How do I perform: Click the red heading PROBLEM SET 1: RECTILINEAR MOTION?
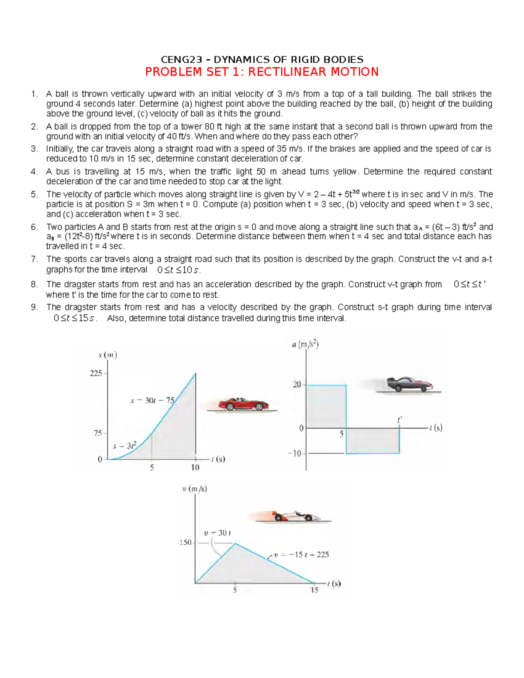pyautogui.click(x=262, y=72)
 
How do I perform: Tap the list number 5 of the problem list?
pyautogui.click(x=34, y=194)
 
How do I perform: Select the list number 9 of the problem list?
pyautogui.click(x=34, y=307)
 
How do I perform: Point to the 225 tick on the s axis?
pyautogui.click(x=96, y=373)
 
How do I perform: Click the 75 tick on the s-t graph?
pyautogui.click(x=98, y=433)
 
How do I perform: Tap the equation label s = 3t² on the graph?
pyautogui.click(x=125, y=446)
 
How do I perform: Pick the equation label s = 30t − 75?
pyautogui.click(x=152, y=400)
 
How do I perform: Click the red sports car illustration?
pyautogui.click(x=243, y=404)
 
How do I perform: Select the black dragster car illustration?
pyautogui.click(x=410, y=384)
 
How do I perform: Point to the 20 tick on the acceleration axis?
pyautogui.click(x=297, y=385)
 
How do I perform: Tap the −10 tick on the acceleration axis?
pyautogui.click(x=295, y=454)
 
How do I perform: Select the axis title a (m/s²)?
pyautogui.click(x=305, y=345)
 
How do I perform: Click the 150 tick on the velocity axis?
pyautogui.click(x=186, y=542)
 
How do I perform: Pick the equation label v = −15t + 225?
pyautogui.click(x=301, y=554)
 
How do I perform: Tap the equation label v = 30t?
pyautogui.click(x=217, y=533)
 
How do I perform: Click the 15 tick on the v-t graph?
pyautogui.click(x=314, y=590)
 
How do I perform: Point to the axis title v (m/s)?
pyautogui.click(x=195, y=489)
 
